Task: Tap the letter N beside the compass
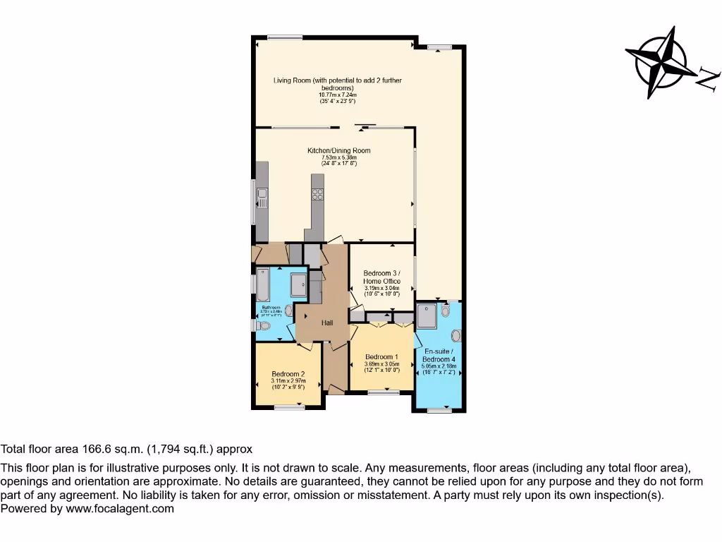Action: pyautogui.click(x=707, y=78)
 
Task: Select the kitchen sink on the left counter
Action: pyautogui.click(x=262, y=197)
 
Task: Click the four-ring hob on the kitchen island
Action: pyautogui.click(x=317, y=195)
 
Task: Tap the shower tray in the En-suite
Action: pyautogui.click(x=427, y=315)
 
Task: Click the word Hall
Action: pyautogui.click(x=327, y=323)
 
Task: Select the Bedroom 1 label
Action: pyautogui.click(x=381, y=356)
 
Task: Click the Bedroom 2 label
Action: pyautogui.click(x=288, y=374)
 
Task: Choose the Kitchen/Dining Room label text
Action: pyautogui.click(x=338, y=150)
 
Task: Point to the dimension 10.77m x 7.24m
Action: pyautogui.click(x=338, y=95)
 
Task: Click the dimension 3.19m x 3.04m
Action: pyautogui.click(x=381, y=287)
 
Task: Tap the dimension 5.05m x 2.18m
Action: pyautogui.click(x=439, y=366)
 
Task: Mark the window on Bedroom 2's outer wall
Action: pyautogui.click(x=288, y=406)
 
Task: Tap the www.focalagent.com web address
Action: pyautogui.click(x=120, y=508)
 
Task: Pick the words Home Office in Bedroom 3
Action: pyautogui.click(x=382, y=281)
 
